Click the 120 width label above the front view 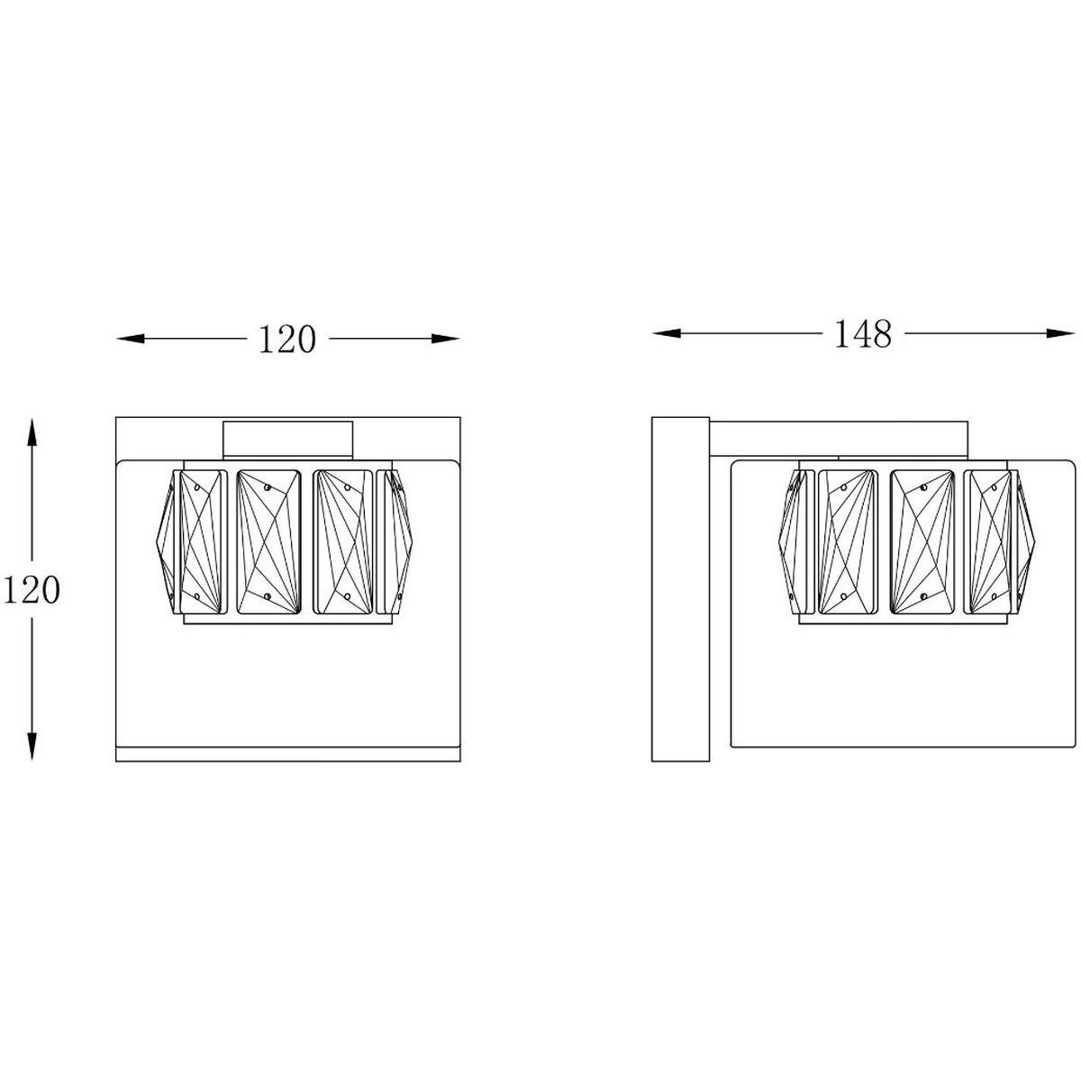[287, 340]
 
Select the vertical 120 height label [32, 591]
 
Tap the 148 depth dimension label [863, 334]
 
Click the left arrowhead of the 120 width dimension [130, 339]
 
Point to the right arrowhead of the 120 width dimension [445, 339]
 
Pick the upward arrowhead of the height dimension [32, 432]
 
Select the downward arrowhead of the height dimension [32, 747]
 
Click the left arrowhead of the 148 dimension [667, 334]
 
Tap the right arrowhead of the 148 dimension [1059, 334]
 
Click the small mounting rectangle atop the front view [287, 441]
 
